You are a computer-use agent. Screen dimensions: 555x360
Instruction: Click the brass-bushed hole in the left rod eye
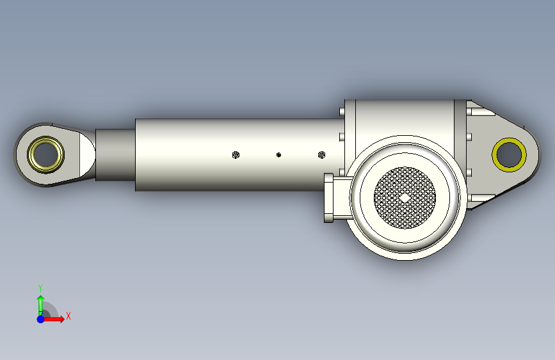click(x=45, y=154)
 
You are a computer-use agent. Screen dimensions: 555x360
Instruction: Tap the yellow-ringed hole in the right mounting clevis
click(x=510, y=155)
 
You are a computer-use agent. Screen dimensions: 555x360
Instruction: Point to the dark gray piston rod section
click(x=115, y=155)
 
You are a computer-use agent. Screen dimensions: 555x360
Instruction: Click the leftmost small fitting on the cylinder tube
click(x=236, y=155)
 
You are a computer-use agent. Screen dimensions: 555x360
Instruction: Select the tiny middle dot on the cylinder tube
click(x=278, y=155)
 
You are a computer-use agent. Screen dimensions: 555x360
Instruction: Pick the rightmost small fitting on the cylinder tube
click(x=321, y=155)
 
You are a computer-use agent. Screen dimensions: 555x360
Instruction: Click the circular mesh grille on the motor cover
click(x=405, y=198)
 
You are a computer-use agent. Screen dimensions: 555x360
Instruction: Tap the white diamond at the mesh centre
click(x=405, y=198)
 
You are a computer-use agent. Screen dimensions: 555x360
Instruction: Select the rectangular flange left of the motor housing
click(x=328, y=198)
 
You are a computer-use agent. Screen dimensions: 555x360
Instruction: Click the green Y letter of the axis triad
click(x=40, y=288)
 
